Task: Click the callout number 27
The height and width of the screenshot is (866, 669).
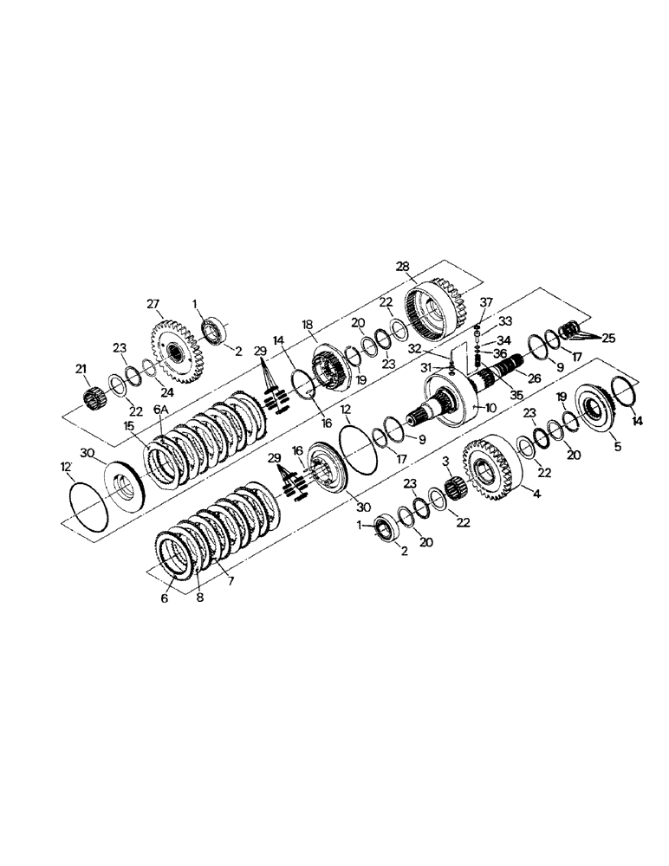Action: [x=153, y=305]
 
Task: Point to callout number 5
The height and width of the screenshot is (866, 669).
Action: [x=616, y=449]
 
